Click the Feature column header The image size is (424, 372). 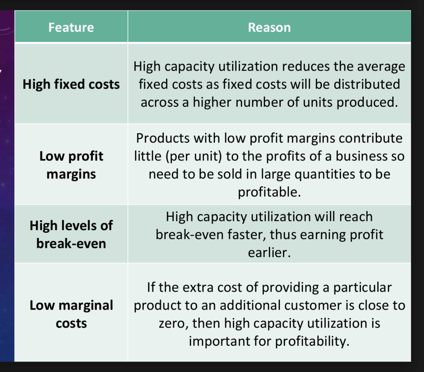(x=71, y=27)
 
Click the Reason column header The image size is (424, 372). (x=269, y=27)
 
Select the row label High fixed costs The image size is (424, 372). (x=71, y=85)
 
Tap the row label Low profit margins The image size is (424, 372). (x=71, y=165)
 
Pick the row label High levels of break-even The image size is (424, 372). (x=71, y=234)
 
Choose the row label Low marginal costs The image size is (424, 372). (x=71, y=314)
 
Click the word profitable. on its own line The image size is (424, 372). (x=269, y=192)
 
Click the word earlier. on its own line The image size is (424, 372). (x=269, y=253)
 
